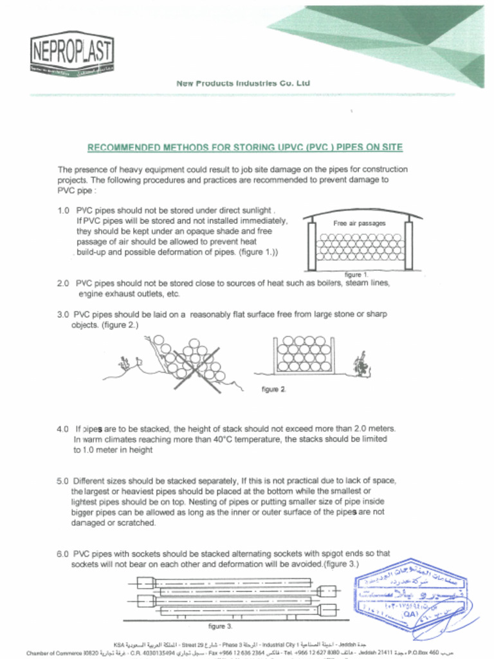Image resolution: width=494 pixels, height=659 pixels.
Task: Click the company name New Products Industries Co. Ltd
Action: point(243,83)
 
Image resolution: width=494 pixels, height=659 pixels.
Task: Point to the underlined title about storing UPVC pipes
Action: point(244,147)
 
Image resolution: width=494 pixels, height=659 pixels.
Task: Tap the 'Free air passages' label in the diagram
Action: point(360,223)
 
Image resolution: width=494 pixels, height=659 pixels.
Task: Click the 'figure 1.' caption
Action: point(356,275)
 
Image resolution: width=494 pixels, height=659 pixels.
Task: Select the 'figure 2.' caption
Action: point(274,389)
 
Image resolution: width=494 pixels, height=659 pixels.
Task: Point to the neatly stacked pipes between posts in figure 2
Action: point(304,354)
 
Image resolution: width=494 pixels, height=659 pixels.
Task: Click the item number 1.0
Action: point(63,210)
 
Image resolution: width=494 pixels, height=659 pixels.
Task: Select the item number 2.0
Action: point(63,283)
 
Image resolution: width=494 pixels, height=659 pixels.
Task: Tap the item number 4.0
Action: point(63,429)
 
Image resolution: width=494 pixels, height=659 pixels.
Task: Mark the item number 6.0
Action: point(63,553)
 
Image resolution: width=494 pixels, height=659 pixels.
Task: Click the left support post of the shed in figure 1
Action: point(312,246)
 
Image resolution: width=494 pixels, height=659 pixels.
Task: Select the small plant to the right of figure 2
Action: point(361,366)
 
